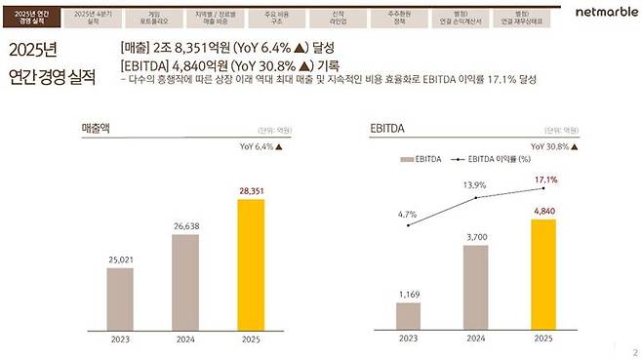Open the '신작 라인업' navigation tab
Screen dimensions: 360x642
(338, 17)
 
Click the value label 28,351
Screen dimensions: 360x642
(251, 192)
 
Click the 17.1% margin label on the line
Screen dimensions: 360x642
(546, 180)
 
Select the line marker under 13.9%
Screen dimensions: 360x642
(476, 198)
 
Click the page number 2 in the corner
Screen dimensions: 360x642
(634, 352)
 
